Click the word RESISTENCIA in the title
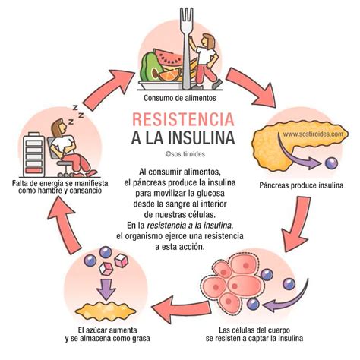(180, 119)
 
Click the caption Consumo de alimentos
(179, 98)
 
